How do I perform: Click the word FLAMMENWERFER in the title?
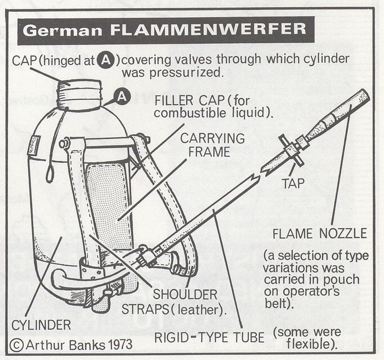tap(212, 30)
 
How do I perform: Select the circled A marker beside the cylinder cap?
tap(122, 97)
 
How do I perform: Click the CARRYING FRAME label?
tap(205, 145)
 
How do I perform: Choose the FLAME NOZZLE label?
tap(319, 234)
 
